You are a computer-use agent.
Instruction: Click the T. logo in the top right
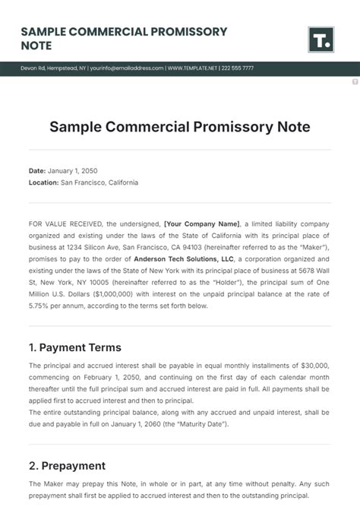coord(321,39)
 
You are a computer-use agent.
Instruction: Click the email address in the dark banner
coord(126,68)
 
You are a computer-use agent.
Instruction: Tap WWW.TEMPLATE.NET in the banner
coord(195,68)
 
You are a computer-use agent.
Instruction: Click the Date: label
coord(37,171)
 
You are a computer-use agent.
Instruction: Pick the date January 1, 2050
coord(73,171)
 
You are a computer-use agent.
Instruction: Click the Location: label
coord(43,182)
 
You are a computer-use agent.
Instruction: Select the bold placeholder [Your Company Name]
coord(201,224)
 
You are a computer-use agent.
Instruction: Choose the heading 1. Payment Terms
coord(74,347)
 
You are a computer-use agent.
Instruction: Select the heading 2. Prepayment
coord(67,465)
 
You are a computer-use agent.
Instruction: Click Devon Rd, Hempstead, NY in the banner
coord(53,68)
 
